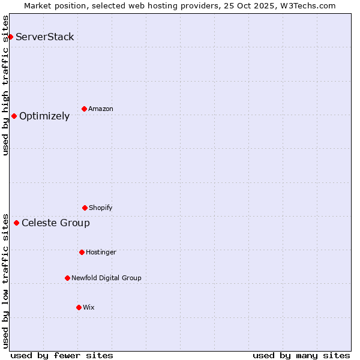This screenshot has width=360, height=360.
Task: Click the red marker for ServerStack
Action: (10, 37)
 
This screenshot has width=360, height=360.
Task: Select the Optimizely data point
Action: (14, 116)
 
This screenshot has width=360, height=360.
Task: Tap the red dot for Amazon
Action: (84, 109)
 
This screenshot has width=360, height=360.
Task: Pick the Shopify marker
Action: (85, 208)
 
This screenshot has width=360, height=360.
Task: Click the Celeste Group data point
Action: (16, 223)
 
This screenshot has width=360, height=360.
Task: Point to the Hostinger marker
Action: (82, 252)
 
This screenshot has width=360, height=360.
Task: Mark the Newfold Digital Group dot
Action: (67, 278)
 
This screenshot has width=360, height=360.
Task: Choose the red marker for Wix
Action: (79, 307)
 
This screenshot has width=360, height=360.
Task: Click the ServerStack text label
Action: (45, 37)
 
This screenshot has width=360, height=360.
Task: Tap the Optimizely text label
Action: (44, 116)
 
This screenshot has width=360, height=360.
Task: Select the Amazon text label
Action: (101, 109)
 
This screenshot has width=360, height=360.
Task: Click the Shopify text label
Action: (101, 208)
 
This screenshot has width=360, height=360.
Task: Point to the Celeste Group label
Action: (56, 223)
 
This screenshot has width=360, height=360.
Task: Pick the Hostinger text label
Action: (101, 253)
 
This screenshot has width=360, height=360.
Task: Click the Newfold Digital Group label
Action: (106, 278)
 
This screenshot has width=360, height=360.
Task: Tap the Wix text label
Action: (89, 308)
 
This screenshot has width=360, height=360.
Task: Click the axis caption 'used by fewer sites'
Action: (62, 356)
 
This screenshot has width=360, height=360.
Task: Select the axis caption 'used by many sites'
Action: (301, 356)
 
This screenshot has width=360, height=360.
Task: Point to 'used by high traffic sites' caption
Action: (6, 85)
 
